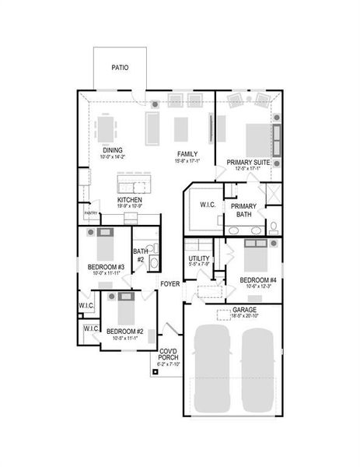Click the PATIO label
coord(120,68)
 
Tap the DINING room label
coord(113,150)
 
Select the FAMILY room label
coord(187,154)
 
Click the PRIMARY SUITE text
coord(248,163)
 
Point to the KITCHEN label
coord(129,200)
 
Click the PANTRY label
coord(91,212)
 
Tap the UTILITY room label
coord(200,258)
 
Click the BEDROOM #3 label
coord(101,267)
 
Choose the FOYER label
coord(170,283)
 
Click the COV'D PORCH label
coord(169,354)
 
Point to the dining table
coord(107,127)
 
